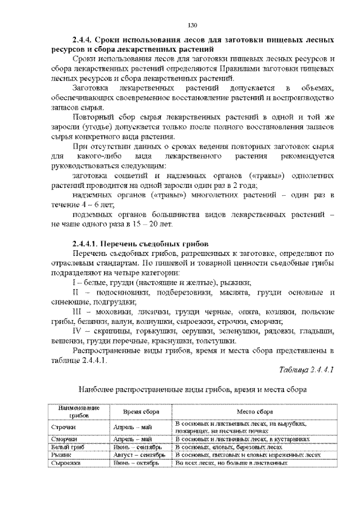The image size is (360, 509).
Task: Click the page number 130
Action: coord(191,25)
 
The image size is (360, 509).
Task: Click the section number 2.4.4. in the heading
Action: coord(82,40)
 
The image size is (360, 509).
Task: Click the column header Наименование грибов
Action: coord(75,411)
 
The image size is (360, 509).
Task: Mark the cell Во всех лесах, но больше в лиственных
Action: coord(231,463)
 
